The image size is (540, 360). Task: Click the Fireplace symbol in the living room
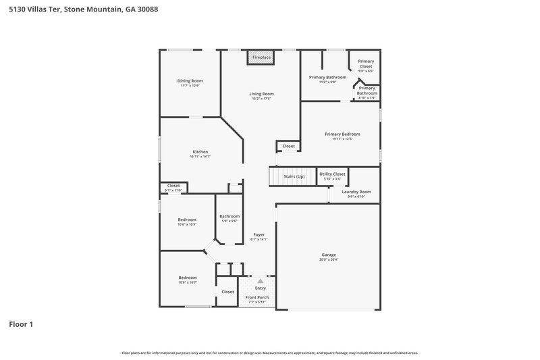pyautogui.click(x=261, y=58)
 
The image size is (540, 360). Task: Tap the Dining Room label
pyautogui.click(x=191, y=81)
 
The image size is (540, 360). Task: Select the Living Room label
pyautogui.click(x=261, y=94)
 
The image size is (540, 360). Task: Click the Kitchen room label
pyautogui.click(x=200, y=152)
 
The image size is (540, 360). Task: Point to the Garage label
pyautogui.click(x=328, y=255)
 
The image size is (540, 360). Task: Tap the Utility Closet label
pyautogui.click(x=332, y=174)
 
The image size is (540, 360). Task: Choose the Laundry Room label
pyautogui.click(x=353, y=192)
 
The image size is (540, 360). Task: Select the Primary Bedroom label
pyautogui.click(x=342, y=134)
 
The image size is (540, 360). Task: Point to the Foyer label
pyautogui.click(x=259, y=234)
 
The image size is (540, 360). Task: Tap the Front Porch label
pyautogui.click(x=256, y=297)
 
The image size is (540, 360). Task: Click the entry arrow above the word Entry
pyautogui.click(x=260, y=281)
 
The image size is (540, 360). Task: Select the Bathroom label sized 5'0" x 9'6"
pyautogui.click(x=230, y=216)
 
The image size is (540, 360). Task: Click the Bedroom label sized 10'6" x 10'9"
pyautogui.click(x=187, y=220)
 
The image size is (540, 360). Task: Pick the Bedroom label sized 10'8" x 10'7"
pyautogui.click(x=188, y=277)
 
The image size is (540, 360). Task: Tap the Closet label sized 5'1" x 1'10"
pyautogui.click(x=173, y=185)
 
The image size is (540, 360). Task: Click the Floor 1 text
pyautogui.click(x=20, y=324)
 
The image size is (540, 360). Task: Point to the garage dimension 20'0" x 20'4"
pyautogui.click(x=328, y=259)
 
